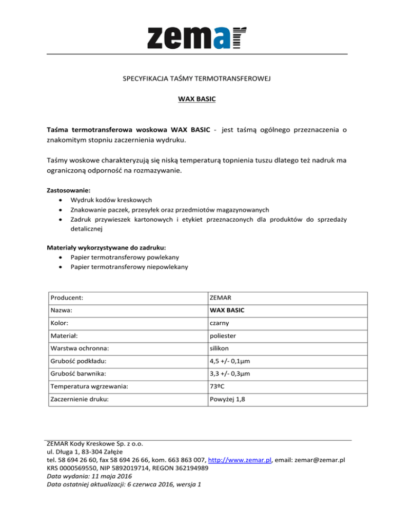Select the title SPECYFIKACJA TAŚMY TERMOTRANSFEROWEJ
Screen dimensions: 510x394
pos(196,79)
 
